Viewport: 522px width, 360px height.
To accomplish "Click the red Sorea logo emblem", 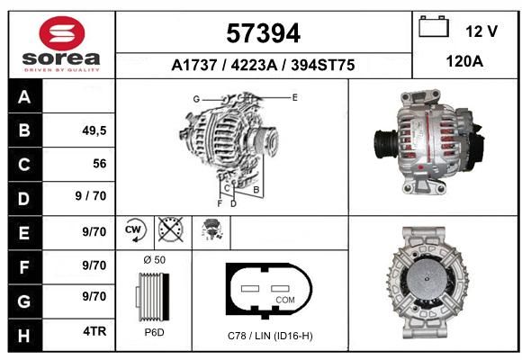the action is (x=62, y=33).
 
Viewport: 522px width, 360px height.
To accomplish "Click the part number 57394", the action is (x=264, y=33).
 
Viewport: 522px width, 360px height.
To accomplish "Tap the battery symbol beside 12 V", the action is (x=434, y=26).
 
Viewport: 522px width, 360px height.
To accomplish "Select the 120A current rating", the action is (x=464, y=61).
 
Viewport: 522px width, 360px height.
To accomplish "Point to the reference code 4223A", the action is (x=254, y=65).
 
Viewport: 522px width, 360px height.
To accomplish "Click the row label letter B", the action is (x=24, y=130).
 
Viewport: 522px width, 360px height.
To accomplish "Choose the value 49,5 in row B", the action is (x=94, y=130).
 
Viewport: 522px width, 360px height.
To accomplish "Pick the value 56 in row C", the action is (x=100, y=164).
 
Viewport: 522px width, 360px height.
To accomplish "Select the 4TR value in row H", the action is (x=94, y=331).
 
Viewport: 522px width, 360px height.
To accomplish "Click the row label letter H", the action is (x=24, y=336).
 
